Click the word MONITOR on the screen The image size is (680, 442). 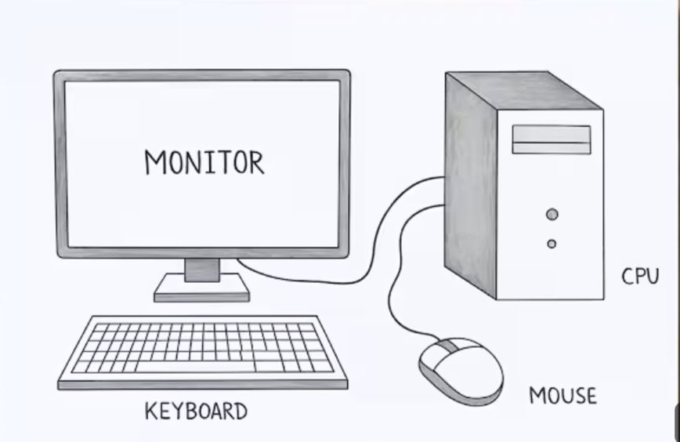click(204, 162)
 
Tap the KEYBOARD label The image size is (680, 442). click(196, 411)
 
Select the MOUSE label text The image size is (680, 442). click(562, 396)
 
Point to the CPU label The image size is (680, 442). click(640, 277)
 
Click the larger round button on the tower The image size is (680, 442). click(552, 214)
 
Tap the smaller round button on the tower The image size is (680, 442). click(552, 244)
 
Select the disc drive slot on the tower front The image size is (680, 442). click(552, 139)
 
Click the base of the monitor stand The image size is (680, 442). click(201, 292)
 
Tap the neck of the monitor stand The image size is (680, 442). click(201, 270)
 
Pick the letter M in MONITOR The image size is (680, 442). click(156, 162)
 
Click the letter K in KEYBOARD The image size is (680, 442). click(150, 411)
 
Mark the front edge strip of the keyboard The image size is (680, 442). click(202, 384)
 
